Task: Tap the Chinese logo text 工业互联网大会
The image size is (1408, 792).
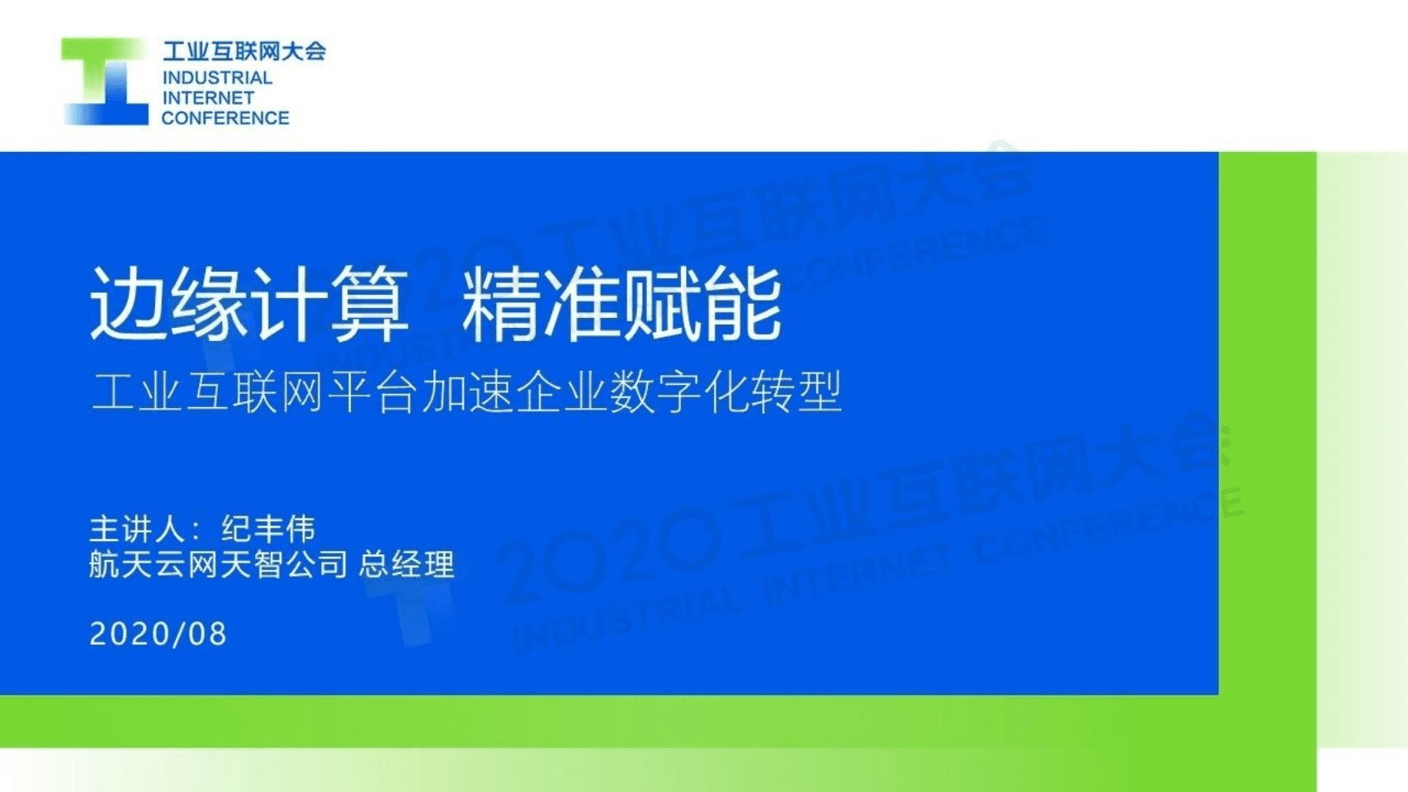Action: [x=243, y=51]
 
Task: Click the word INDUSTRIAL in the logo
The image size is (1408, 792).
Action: [x=217, y=78]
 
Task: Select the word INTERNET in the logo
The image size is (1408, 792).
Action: [x=208, y=97]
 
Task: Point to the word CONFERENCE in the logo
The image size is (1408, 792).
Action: [x=225, y=118]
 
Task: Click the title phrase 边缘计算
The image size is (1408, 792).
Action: [x=248, y=304]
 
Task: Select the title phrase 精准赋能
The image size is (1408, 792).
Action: [x=621, y=304]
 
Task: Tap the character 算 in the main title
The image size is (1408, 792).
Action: [x=370, y=304]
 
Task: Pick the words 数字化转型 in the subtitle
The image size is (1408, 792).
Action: [x=725, y=391]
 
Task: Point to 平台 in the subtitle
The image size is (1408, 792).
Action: [x=372, y=391]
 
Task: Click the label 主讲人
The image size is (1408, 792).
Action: [x=136, y=529]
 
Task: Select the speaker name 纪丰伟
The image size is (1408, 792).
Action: [x=268, y=529]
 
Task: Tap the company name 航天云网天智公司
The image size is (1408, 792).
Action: [x=218, y=565]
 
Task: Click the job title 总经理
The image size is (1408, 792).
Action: [x=406, y=565]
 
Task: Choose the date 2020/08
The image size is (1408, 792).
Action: [x=158, y=634]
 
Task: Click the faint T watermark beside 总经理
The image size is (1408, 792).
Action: [x=413, y=611]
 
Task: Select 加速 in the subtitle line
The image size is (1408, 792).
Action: [x=467, y=391]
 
